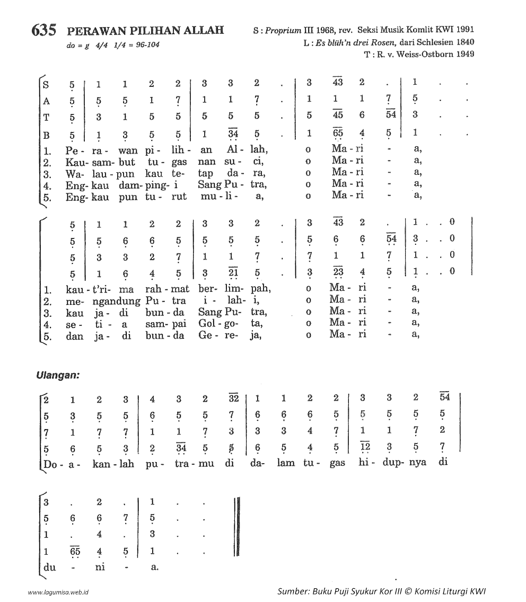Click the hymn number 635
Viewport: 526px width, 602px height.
click(43, 30)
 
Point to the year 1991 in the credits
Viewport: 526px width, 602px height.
click(463, 30)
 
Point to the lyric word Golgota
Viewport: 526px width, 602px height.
click(229, 323)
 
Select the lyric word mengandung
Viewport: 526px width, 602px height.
click(95, 300)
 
